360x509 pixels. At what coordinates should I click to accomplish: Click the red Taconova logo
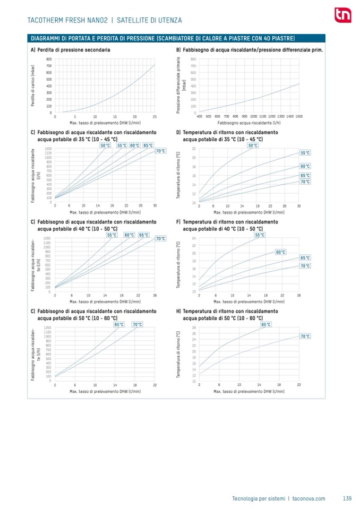pos(339,15)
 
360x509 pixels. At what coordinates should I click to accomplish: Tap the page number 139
pos(347,498)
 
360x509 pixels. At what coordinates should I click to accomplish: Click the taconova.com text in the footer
pos(308,498)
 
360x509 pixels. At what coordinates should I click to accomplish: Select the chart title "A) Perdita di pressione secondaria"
pos(71,49)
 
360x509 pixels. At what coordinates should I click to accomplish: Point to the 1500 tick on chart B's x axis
pos(299,116)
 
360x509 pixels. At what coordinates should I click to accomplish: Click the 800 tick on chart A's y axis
pos(49,59)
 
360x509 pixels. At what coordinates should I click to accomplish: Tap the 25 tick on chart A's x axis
pos(155,116)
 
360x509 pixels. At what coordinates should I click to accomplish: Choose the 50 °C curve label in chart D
pos(253,145)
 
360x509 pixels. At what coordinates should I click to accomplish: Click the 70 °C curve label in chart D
pos(305,182)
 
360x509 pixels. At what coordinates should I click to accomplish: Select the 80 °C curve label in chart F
pos(280,252)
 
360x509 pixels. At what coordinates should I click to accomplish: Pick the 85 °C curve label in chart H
pos(265,324)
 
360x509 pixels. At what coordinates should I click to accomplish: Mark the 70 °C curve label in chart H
pos(305,336)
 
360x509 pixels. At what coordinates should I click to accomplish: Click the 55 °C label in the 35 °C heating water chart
pos(122,145)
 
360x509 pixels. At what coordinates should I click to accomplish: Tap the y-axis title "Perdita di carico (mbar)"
pos(33,85)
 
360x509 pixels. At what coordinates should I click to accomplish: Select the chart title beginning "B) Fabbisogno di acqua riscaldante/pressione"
pos(250,49)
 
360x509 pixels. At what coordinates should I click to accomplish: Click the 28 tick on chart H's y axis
pos(194,327)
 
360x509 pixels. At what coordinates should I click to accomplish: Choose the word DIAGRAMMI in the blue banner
pos(46,38)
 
